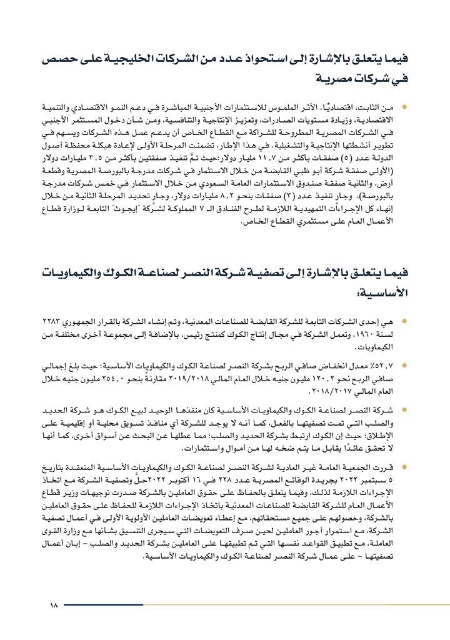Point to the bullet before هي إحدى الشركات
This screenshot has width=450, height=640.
pyautogui.click(x=404, y=322)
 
